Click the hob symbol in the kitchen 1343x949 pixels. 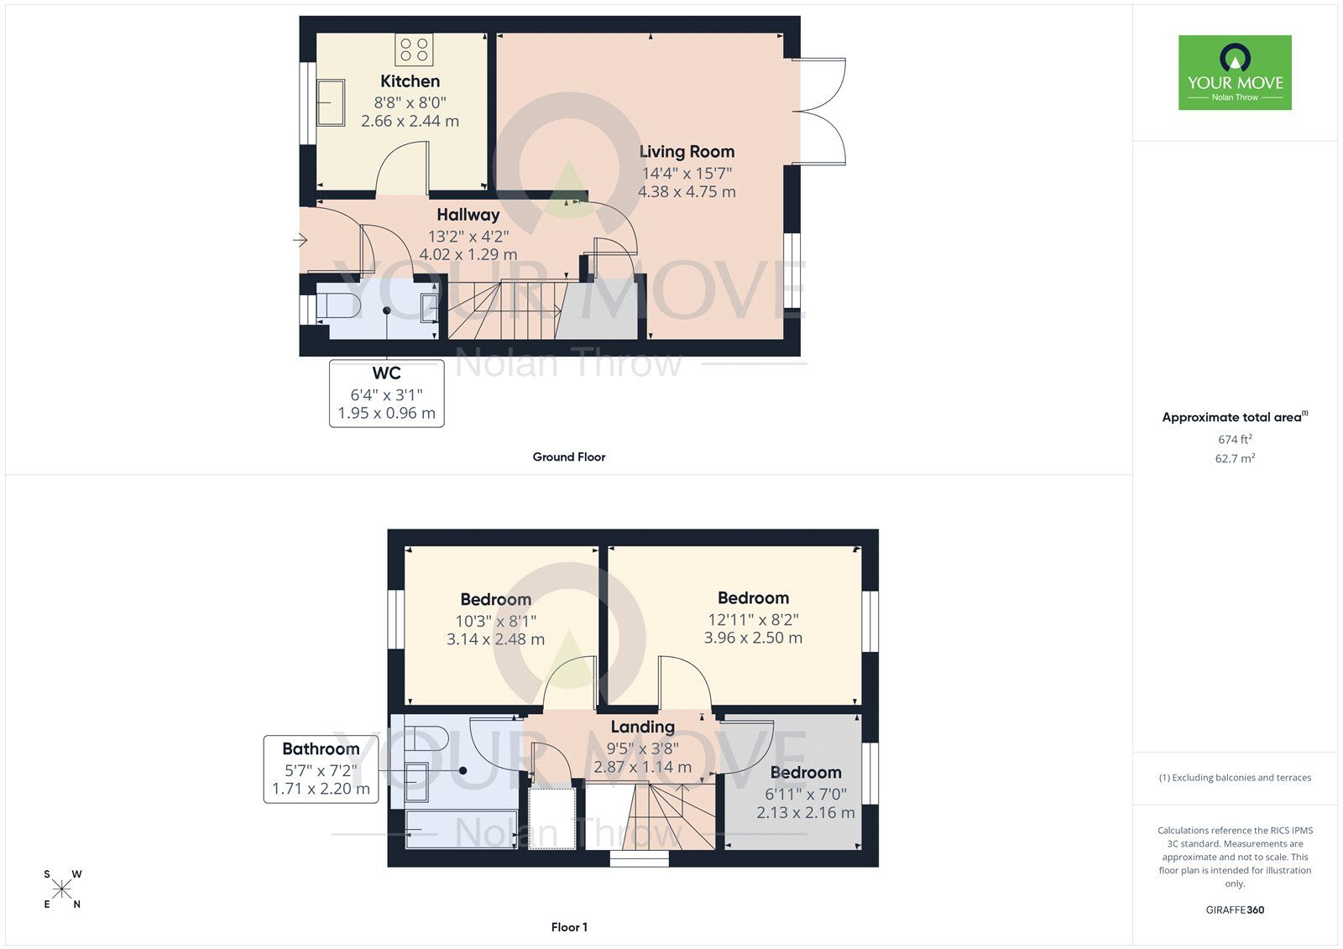click(414, 49)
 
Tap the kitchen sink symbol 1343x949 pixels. click(331, 102)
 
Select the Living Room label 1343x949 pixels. click(687, 152)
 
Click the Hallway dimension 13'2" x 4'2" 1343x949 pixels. click(468, 236)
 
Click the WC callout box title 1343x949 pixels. click(386, 373)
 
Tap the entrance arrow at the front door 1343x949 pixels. click(300, 241)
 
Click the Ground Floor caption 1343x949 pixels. click(568, 457)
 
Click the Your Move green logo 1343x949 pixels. click(1235, 72)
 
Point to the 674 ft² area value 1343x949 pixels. click(1235, 439)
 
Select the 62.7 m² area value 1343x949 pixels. click(1235, 458)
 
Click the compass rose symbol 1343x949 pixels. click(62, 889)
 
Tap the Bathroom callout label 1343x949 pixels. click(321, 748)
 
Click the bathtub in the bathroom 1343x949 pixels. click(461, 829)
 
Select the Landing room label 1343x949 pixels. click(642, 727)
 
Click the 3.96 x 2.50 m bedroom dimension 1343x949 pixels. click(753, 638)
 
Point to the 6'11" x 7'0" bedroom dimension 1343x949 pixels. click(805, 794)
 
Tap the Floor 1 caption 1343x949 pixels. click(568, 927)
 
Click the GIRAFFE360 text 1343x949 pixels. click(1235, 910)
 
